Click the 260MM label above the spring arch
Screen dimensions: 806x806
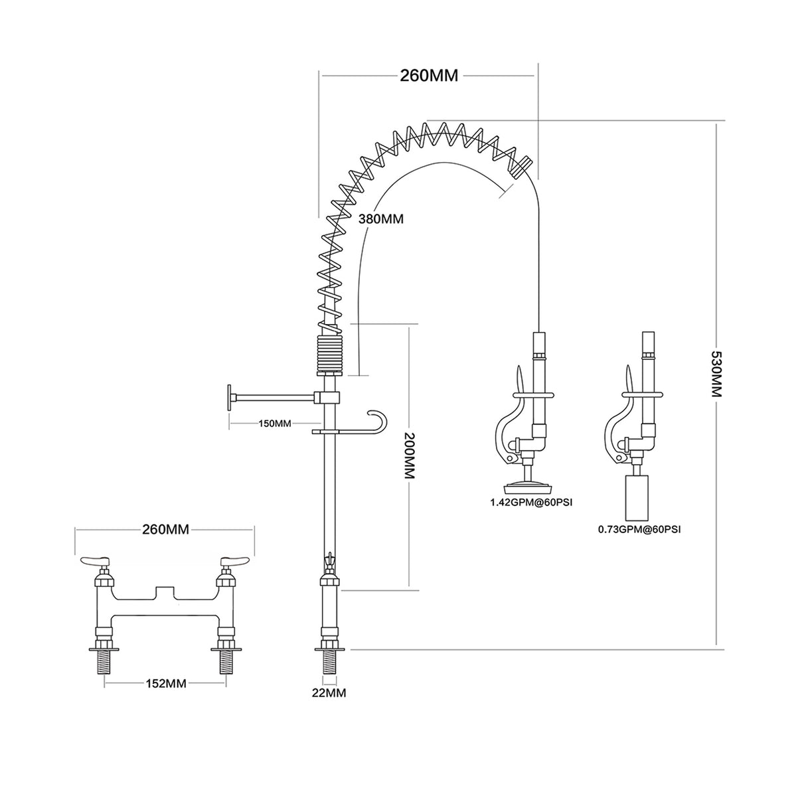(x=428, y=75)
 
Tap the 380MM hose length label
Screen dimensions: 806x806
(x=380, y=218)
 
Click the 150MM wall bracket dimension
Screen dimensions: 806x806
(x=274, y=423)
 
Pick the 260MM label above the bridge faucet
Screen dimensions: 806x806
(x=165, y=529)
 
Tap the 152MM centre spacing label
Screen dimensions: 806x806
(x=164, y=683)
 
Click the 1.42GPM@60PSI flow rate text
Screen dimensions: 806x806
(x=531, y=503)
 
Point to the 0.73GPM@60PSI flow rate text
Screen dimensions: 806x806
(x=639, y=529)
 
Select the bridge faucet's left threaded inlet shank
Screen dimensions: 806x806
(x=106, y=665)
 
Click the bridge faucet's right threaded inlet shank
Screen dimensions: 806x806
(x=223, y=665)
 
